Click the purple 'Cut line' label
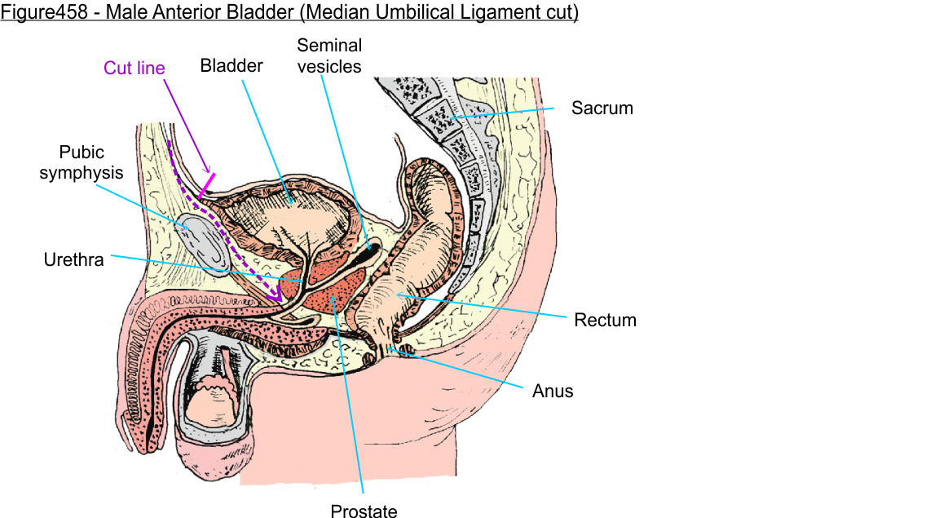(x=134, y=69)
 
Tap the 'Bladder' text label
(x=231, y=66)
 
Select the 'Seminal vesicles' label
(x=329, y=55)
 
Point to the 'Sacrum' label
(x=602, y=108)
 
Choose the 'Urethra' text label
(x=73, y=260)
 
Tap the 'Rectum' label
(x=605, y=319)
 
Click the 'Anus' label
(x=553, y=392)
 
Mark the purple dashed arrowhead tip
(x=281, y=301)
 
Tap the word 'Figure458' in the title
(x=37, y=15)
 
